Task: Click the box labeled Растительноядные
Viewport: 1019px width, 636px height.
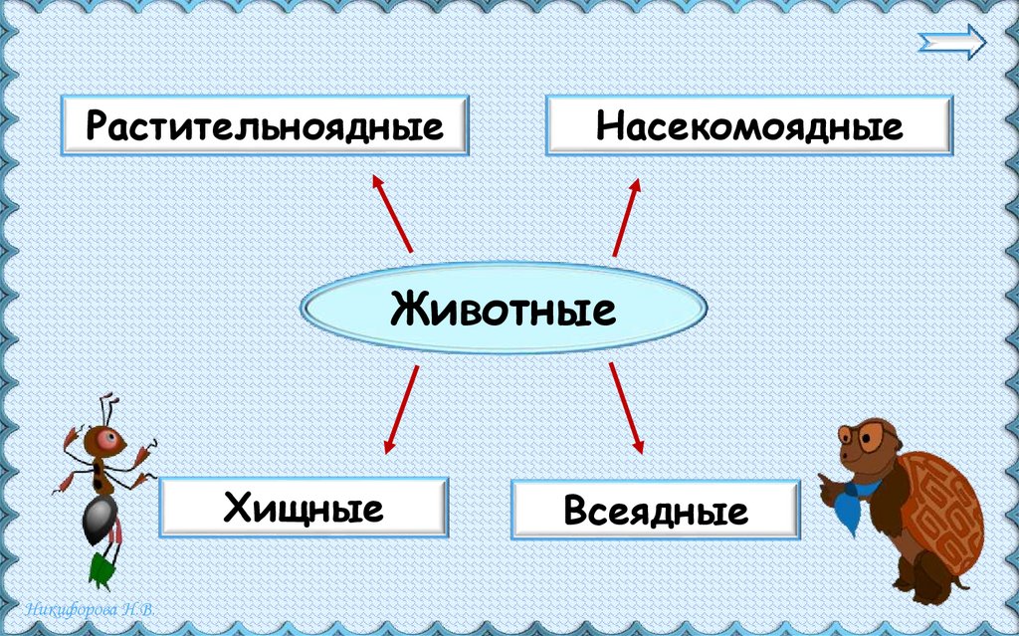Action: tap(264, 125)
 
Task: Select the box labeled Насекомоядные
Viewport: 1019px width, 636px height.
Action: tap(749, 125)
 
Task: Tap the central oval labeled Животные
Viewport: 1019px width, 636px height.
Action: tap(504, 309)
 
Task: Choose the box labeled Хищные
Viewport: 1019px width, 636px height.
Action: tap(304, 509)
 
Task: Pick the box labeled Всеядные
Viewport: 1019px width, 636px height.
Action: tap(655, 511)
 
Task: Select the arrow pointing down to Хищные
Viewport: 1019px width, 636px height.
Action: tap(400, 409)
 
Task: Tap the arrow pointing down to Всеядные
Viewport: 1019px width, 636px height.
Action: tap(626, 409)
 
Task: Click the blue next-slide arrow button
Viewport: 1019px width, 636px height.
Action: tap(952, 43)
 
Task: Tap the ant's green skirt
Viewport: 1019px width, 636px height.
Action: tap(102, 568)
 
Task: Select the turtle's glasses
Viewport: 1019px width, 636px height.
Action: tap(861, 435)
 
